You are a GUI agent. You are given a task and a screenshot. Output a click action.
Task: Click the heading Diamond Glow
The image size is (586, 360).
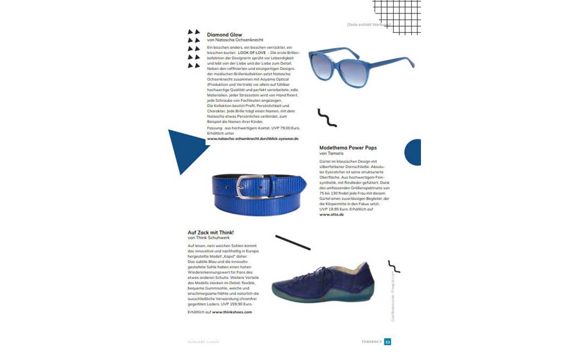225,35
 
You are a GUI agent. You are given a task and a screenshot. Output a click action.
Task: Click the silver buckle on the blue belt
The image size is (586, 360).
247,187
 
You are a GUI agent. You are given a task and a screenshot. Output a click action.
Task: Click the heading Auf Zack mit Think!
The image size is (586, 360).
211,232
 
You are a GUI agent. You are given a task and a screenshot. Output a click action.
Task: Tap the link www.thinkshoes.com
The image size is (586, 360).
232,312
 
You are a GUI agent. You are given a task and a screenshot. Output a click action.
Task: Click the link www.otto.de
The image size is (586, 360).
332,214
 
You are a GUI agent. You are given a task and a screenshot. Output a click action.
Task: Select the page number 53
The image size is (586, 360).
388,341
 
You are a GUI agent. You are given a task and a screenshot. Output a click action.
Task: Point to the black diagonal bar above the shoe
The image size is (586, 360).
292,242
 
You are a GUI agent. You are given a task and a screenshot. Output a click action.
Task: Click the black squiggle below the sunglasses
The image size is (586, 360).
327,118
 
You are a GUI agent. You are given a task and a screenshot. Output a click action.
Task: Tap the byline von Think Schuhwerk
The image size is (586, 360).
209,238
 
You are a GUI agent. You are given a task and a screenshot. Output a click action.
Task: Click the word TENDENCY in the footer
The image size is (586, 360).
371,341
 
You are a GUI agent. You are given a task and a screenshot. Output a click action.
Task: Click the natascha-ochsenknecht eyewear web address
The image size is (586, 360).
253,138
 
